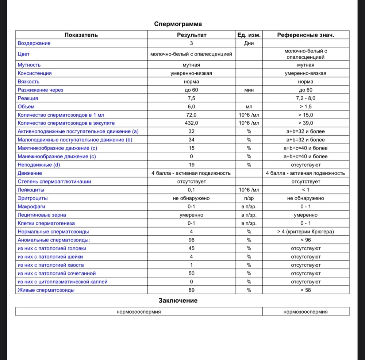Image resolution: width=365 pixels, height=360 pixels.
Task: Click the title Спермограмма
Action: point(178,24)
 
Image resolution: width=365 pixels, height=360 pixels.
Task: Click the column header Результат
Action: point(192,35)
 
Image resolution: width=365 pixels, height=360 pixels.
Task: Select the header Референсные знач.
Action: point(306,35)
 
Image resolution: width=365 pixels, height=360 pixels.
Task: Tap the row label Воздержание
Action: point(34,43)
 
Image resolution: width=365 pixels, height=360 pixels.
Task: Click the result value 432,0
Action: point(192,123)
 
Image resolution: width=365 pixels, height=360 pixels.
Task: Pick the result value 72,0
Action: point(192,115)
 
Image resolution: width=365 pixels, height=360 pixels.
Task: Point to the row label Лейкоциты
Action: point(31,190)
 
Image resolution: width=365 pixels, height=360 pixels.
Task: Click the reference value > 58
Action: point(306,290)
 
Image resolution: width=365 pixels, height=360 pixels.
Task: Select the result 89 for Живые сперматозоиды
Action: point(192,290)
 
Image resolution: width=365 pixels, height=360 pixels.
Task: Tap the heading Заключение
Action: point(178,301)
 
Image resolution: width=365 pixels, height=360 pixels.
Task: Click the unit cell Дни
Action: point(249,43)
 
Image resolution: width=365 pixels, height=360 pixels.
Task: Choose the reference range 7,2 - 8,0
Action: point(306,98)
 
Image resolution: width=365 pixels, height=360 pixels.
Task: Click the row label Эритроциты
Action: point(33,198)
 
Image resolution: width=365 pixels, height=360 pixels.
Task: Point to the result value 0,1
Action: point(192,190)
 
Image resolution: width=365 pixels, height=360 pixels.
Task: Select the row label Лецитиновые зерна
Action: point(42,215)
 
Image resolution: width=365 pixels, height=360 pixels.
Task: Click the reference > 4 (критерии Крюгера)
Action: point(306,232)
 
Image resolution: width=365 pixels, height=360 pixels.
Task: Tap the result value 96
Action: point(192,240)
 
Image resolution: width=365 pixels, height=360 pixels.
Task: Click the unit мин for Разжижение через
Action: point(249,90)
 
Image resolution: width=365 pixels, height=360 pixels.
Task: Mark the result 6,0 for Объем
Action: point(192,107)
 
